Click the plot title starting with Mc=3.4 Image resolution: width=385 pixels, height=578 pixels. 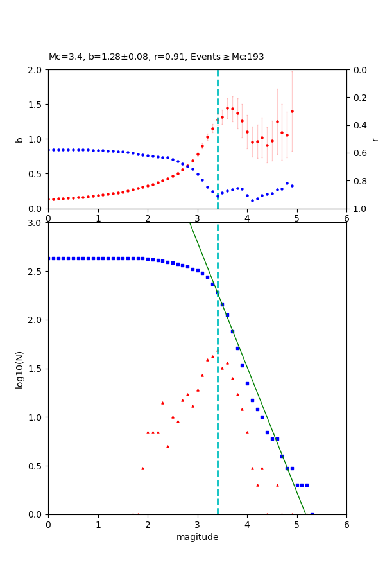[x=156, y=57]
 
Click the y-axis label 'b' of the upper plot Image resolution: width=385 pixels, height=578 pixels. [x=19, y=139]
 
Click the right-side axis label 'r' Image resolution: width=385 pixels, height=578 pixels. [x=375, y=139]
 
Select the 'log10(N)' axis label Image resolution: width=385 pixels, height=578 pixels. [x=19, y=369]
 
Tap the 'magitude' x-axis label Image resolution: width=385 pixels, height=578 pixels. [x=197, y=538]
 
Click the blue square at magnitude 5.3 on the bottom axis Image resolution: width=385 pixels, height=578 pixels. [x=312, y=514]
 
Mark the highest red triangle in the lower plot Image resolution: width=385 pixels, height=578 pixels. [x=212, y=356]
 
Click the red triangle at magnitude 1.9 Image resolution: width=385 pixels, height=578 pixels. [x=142, y=468]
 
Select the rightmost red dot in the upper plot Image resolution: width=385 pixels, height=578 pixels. [x=292, y=111]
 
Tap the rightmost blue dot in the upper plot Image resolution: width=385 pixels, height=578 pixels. [x=292, y=186]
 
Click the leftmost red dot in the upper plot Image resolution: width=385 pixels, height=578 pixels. [x=49, y=199]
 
